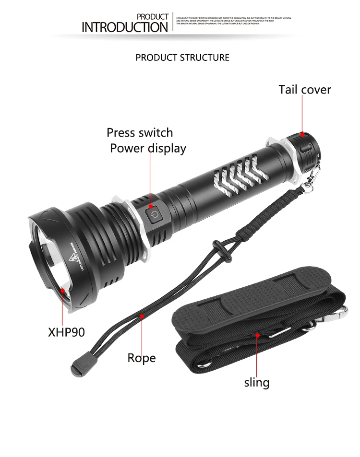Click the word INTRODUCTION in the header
coord(125,27)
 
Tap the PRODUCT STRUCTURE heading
coord(182,58)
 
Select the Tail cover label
coord(305,90)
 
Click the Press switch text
coord(140,132)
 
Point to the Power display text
coord(148,148)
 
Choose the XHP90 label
coord(66,332)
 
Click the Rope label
coord(142,358)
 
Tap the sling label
coord(257,382)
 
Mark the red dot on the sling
coord(257,335)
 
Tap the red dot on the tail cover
coord(302,134)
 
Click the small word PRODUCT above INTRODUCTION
coord(153,17)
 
